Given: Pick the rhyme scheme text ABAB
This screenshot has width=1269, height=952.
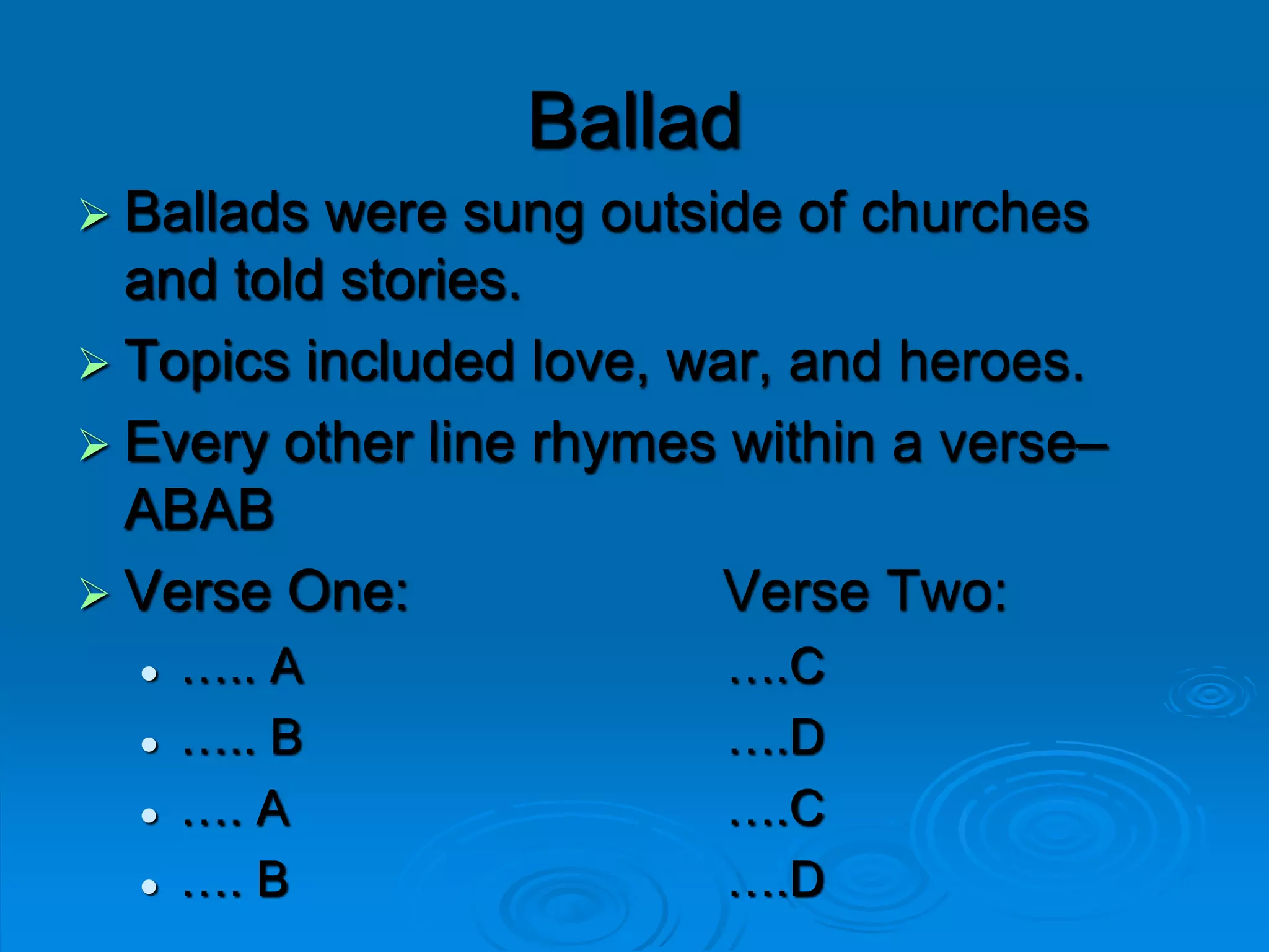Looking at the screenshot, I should tap(200, 509).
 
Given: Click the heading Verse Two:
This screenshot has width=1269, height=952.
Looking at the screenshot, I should tap(866, 592).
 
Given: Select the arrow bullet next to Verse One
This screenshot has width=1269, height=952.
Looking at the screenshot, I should tap(94, 594).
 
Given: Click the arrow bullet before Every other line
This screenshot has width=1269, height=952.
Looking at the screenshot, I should tap(94, 444).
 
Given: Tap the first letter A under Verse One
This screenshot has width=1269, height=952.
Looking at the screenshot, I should tap(287, 667).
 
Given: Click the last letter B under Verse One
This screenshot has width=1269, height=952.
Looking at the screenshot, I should tap(273, 879).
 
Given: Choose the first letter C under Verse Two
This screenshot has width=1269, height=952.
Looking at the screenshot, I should tap(807, 667).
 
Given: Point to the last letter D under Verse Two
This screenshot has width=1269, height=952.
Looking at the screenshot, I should tap(807, 879).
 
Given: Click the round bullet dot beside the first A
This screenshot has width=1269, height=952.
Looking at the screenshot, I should tap(149, 673).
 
